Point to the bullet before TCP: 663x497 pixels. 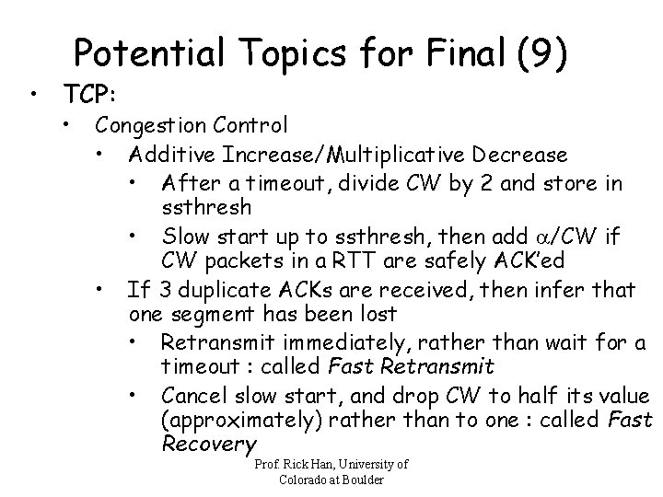pyautogui.click(x=33, y=95)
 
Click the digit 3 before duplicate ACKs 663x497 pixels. pyautogui.click(x=164, y=291)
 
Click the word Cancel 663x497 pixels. pyautogui.click(x=192, y=396)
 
